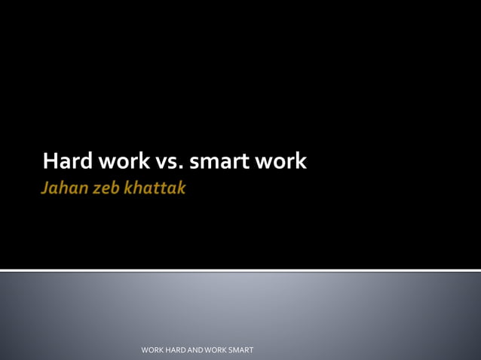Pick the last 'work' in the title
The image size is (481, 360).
tap(281, 161)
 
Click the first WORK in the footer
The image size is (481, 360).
tap(153, 350)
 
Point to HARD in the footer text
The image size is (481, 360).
tap(179, 350)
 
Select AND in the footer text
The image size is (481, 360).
tap(201, 350)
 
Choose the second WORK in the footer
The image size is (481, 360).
tap(222, 350)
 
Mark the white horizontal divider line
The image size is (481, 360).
tap(240, 270)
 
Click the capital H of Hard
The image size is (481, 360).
tap(50, 161)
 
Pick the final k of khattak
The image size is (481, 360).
tap(180, 188)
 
